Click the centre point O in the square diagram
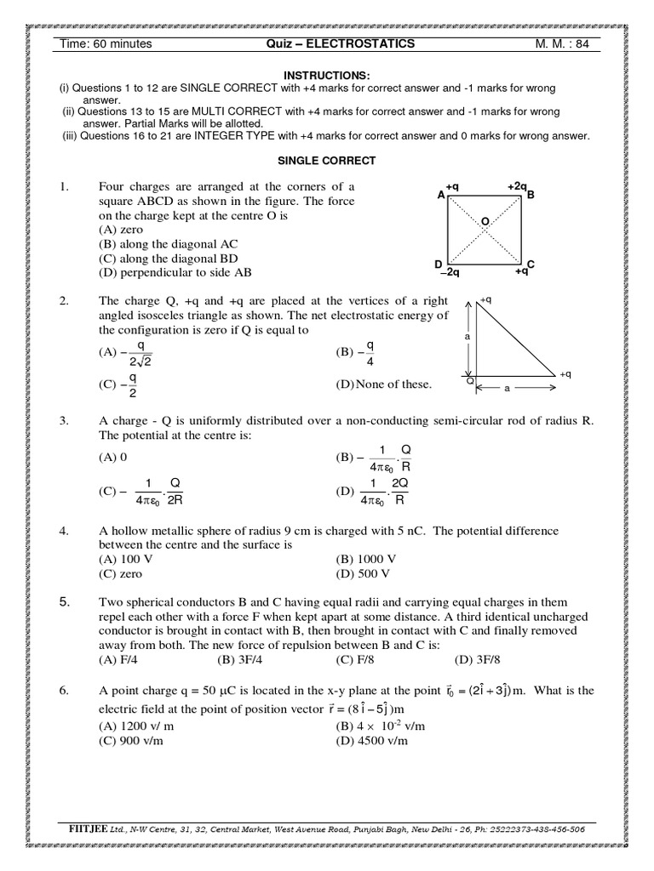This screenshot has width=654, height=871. (x=485, y=222)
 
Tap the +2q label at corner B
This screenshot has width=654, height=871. (x=517, y=185)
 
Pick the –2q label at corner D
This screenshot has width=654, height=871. (x=450, y=273)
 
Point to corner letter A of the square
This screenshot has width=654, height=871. (x=441, y=195)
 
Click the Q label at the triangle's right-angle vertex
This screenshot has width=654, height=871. (x=469, y=381)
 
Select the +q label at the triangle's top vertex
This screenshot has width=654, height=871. (x=485, y=300)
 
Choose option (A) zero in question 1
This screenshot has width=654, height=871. (x=121, y=230)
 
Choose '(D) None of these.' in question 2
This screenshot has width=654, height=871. (x=384, y=384)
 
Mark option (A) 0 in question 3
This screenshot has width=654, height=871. (x=112, y=457)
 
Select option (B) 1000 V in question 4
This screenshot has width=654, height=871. (x=366, y=558)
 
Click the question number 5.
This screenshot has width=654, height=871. (x=64, y=602)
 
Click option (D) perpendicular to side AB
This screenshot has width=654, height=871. (x=175, y=273)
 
